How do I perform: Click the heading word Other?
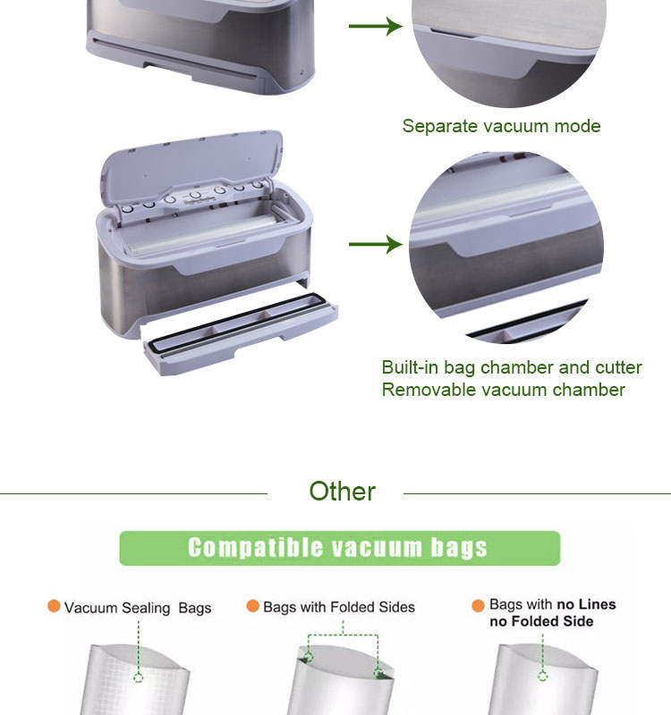343,492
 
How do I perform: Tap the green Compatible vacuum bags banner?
340,548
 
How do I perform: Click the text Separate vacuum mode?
501,126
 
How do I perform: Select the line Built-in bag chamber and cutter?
512,367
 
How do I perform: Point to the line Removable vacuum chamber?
503,390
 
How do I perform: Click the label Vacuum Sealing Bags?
138,608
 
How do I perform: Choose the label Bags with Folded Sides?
339,607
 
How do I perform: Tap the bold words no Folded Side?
541,621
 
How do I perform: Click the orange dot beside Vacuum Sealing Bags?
54,607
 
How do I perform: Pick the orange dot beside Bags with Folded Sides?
253,606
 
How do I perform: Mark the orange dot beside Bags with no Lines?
478,606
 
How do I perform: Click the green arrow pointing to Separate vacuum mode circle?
375,26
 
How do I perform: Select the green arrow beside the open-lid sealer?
375,244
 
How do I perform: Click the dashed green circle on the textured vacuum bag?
139,678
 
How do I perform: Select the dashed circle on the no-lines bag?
542,677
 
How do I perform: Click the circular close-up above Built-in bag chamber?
506,248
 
